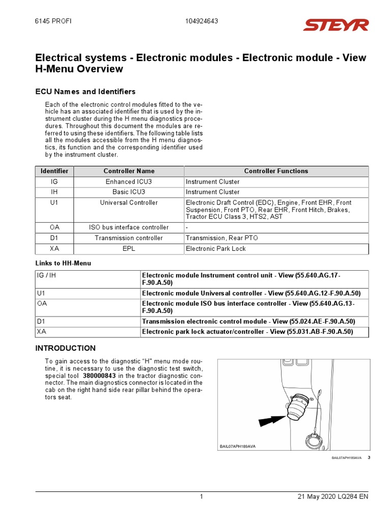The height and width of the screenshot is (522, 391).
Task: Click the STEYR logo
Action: (336, 25)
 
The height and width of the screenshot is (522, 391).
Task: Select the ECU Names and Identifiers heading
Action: (85, 92)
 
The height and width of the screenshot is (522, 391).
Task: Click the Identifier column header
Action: (54, 171)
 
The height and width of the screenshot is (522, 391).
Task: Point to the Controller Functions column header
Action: (276, 171)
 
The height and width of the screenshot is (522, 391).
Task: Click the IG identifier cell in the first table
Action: (54, 182)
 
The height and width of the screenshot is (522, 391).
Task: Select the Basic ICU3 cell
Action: (129, 192)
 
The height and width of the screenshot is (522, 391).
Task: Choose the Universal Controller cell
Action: (129, 203)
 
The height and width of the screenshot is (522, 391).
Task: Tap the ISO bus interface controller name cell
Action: (129, 227)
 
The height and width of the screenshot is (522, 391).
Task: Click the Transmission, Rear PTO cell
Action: (219, 238)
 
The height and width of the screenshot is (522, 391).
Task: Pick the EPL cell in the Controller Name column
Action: (129, 249)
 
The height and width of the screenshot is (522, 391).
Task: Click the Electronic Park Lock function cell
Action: (215, 249)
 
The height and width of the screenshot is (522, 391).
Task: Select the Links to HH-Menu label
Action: (63, 263)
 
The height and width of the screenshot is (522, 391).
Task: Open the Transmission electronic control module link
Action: (248, 322)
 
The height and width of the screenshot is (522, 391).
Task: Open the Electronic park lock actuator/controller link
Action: (247, 332)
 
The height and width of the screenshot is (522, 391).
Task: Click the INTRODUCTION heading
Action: (65, 348)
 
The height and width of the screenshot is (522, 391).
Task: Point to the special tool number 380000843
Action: (99, 376)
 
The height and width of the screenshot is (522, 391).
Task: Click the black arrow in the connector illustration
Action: (271, 420)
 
